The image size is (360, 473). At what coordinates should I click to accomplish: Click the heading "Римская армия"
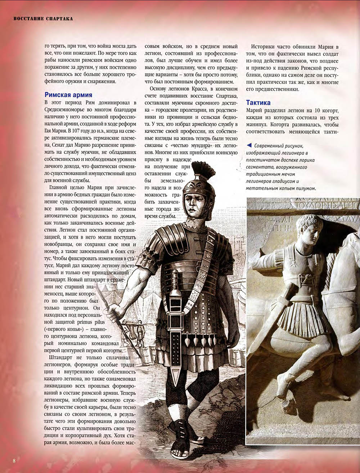coord(68,95)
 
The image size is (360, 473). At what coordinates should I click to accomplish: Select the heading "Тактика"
coord(258,103)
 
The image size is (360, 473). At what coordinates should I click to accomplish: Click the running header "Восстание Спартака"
coord(43,18)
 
